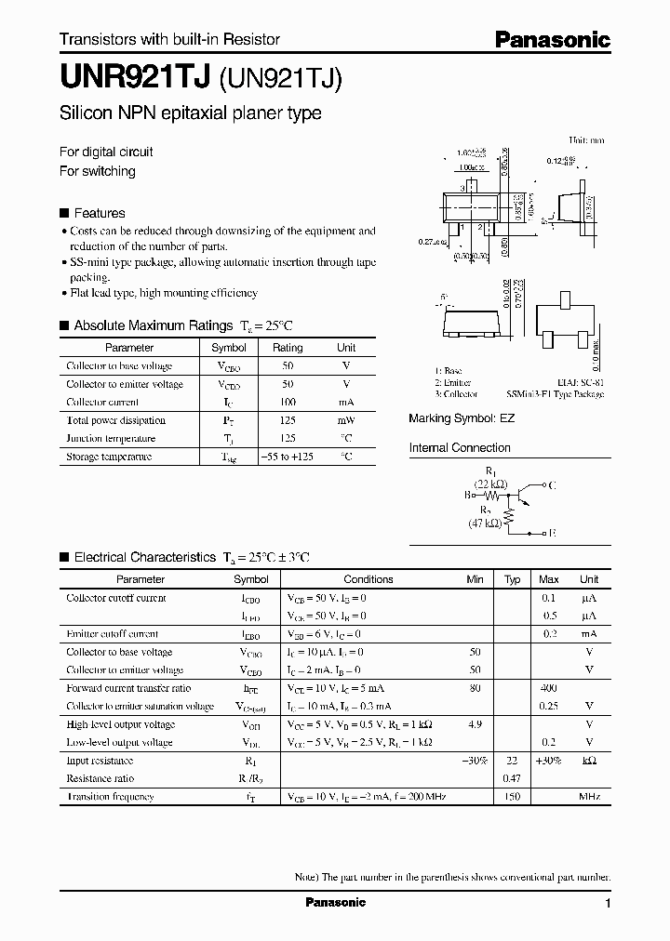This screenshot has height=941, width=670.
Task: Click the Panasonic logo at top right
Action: (551, 39)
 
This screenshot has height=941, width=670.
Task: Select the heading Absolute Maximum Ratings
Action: (153, 325)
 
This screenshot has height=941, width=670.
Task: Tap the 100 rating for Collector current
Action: (288, 402)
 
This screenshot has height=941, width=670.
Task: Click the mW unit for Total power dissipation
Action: (346, 420)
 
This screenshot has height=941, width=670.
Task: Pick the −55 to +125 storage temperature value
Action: (288, 457)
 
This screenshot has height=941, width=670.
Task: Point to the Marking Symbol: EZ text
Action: (462, 419)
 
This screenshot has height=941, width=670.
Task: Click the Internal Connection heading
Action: (460, 448)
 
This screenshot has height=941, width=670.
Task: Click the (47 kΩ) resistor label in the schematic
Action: (485, 524)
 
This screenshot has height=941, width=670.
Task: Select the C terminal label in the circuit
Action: (554, 484)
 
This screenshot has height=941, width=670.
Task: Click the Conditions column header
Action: (368, 579)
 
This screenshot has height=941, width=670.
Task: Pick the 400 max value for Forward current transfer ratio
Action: (549, 688)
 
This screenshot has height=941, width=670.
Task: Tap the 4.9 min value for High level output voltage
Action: (476, 724)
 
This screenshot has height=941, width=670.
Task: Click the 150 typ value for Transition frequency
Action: (512, 797)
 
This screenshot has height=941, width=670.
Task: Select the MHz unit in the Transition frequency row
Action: (589, 797)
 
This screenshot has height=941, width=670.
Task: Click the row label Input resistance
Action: (100, 761)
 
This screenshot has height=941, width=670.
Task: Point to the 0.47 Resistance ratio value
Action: (512, 778)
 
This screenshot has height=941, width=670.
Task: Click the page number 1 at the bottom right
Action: (608, 904)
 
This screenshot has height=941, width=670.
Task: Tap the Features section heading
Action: (99, 213)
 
